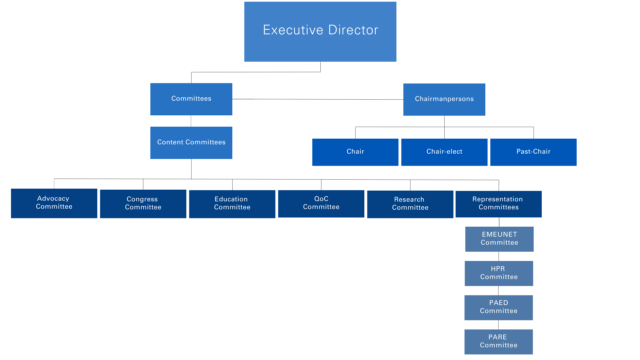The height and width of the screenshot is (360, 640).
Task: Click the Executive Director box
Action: pyautogui.click(x=320, y=32)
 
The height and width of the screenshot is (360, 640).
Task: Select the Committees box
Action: pyautogui.click(x=191, y=99)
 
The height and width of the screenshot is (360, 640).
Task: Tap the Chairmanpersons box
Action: pyautogui.click(x=444, y=99)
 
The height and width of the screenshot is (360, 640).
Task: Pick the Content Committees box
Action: pyautogui.click(x=191, y=143)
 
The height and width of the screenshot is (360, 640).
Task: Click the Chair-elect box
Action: pyautogui.click(x=444, y=152)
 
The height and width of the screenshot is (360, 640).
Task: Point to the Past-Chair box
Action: pyautogui.click(x=533, y=152)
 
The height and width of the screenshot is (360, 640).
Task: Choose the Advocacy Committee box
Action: pyautogui.click(x=54, y=203)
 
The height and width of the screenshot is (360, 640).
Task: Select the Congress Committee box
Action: pyautogui.click(x=143, y=204)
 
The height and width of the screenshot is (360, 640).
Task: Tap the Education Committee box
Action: pyautogui.click(x=232, y=204)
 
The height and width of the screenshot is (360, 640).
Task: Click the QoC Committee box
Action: pyautogui.click(x=321, y=203)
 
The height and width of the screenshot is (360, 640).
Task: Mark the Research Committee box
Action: pyautogui.click(x=410, y=204)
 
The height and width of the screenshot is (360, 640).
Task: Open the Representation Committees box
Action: pyautogui.click(x=498, y=204)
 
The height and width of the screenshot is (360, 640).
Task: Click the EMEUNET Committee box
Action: pyautogui.click(x=499, y=239)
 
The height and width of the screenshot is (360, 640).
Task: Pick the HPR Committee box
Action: pyautogui.click(x=499, y=273)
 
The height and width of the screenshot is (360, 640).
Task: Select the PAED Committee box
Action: pyautogui.click(x=498, y=307)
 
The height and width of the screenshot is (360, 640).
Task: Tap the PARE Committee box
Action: pyautogui.click(x=498, y=342)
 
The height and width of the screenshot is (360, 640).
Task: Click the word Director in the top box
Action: pyautogui.click(x=353, y=30)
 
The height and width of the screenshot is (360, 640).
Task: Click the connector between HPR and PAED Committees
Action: pyautogui.click(x=498, y=290)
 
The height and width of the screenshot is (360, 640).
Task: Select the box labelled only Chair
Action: pyautogui.click(x=355, y=152)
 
